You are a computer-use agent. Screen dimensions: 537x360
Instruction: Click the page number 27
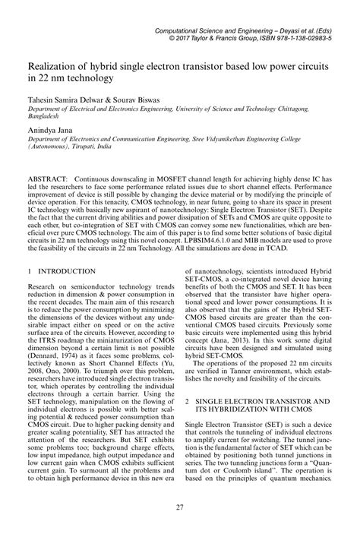180,508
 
